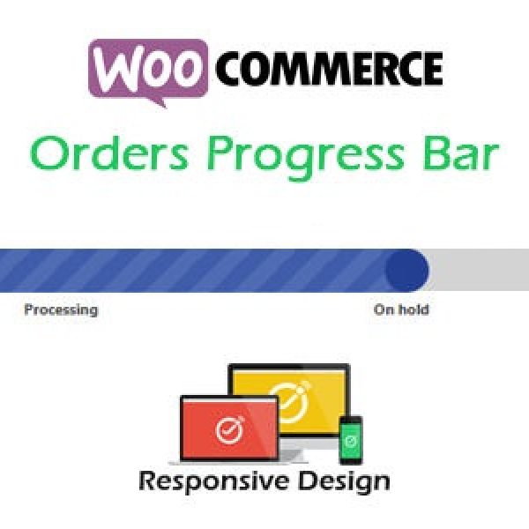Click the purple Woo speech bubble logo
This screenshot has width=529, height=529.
pos(148,71)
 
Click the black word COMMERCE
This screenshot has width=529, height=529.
pos(329,69)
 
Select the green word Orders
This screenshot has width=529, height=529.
pos(108,153)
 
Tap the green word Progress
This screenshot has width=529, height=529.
pos(305,156)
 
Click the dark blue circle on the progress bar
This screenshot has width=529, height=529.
pos(407,271)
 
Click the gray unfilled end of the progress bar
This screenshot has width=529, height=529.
pos(479,270)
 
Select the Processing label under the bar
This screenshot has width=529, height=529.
pos(61,309)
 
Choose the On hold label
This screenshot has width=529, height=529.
pos(401,309)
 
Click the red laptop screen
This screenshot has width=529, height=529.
pos(229,428)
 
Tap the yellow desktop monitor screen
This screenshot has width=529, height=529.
pos(291,400)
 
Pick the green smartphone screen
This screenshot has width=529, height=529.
pos(351,441)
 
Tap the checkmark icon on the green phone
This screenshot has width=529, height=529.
pos(351,440)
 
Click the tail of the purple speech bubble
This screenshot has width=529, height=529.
pos(158,102)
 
